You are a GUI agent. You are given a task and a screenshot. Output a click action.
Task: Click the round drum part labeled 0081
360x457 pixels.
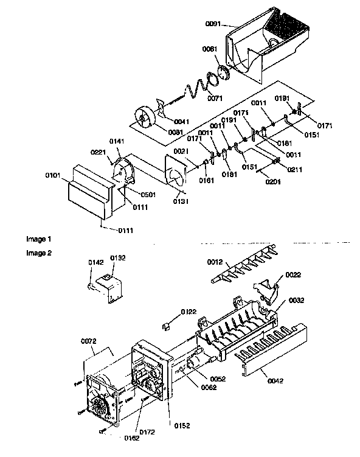coord(145,118)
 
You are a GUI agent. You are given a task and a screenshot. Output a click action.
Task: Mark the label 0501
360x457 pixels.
coord(134,195)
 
